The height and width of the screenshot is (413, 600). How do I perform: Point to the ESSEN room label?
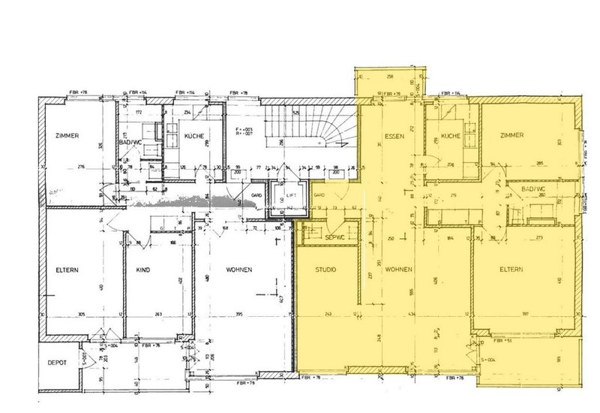click(x=394, y=137)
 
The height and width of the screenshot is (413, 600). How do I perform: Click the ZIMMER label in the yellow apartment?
click(x=509, y=135)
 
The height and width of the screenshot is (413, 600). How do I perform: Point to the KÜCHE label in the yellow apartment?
click(x=450, y=137)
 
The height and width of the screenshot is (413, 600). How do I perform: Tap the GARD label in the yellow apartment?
click(x=318, y=194)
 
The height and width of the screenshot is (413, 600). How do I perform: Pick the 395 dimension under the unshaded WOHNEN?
click(x=238, y=315)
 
